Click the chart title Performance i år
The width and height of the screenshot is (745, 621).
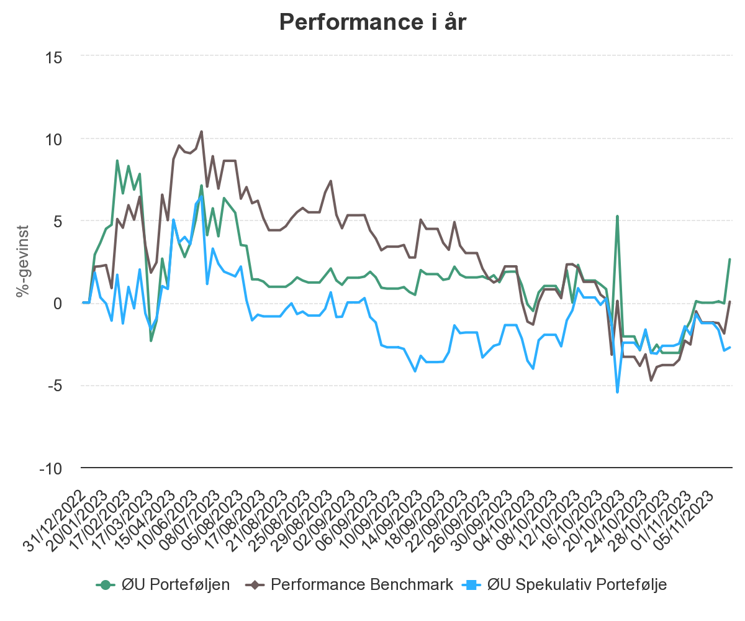click(x=372, y=22)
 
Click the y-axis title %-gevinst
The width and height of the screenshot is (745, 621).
click(x=23, y=261)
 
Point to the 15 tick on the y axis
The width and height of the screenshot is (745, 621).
click(x=55, y=57)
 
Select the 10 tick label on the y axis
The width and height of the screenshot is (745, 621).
click(x=55, y=139)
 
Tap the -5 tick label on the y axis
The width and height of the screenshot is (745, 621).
click(x=55, y=386)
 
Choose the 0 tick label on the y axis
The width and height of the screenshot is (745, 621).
click(x=58, y=304)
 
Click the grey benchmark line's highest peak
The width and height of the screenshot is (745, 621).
click(x=201, y=131)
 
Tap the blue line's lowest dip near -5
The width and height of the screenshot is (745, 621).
click(x=617, y=392)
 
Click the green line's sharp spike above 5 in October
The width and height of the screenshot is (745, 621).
click(x=617, y=216)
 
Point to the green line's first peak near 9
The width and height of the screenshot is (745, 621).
click(x=117, y=160)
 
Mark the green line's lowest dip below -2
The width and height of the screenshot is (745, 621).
click(x=151, y=341)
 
